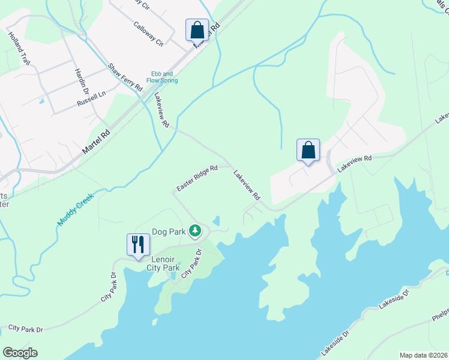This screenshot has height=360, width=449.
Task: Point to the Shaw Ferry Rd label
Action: coord(125,77)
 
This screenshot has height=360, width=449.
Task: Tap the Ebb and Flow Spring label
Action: coord(164,77)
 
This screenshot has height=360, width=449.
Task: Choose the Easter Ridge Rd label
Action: coord(197,179)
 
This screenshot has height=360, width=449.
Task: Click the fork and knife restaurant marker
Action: coord(139,245)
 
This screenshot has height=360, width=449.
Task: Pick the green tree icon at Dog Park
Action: coord(195,230)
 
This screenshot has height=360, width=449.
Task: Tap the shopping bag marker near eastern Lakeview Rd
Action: coord(308,150)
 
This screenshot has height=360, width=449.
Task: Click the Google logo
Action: coord(20,353)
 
